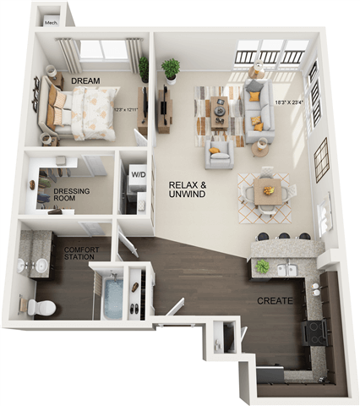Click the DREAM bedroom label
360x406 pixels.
85,80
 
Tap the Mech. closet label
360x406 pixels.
51,23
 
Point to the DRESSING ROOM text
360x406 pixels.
72,195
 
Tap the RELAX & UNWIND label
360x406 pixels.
188,189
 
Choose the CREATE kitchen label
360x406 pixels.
277,301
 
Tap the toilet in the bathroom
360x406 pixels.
41,305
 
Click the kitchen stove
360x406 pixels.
317,332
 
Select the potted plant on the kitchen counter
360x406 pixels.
264,266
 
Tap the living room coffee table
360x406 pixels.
220,109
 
